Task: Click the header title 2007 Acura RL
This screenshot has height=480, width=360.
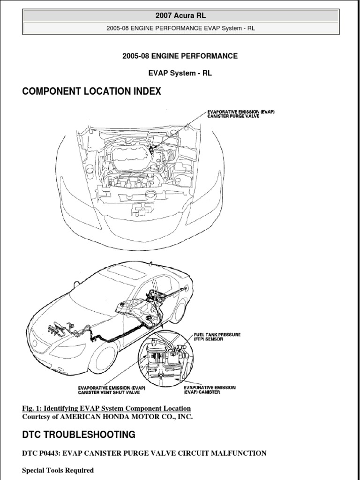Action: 180,16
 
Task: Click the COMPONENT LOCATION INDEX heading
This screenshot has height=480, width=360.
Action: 91,92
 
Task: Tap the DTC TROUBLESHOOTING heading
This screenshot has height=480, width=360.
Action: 79,435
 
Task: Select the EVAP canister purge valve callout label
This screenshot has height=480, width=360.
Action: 240,114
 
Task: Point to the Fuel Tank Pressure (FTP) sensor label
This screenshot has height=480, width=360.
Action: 217,337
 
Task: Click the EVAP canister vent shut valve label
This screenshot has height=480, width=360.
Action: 112,390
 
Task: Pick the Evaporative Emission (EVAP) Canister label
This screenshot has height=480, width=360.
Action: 210,390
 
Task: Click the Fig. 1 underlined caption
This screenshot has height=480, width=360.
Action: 106,408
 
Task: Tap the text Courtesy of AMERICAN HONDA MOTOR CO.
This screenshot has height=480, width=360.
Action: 107,417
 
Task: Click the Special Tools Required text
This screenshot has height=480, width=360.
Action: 58,470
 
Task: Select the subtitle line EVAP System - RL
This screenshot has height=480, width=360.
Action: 180,73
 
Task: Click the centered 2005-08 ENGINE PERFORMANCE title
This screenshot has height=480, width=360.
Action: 180,56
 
